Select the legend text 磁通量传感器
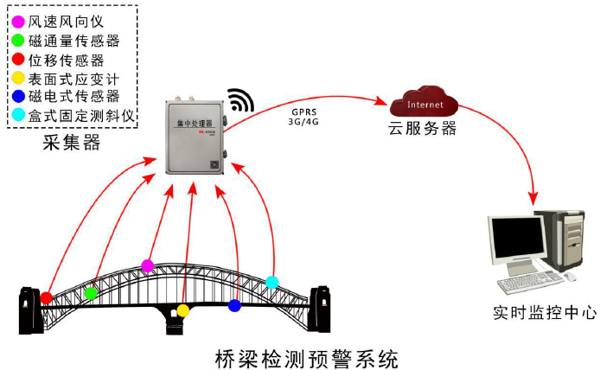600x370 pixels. (73, 39)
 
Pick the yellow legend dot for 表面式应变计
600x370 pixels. (19, 79)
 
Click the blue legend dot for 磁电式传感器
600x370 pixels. (19, 97)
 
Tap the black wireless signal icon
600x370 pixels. (241, 99)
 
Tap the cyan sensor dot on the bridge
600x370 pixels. (271, 282)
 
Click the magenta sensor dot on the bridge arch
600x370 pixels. (148, 265)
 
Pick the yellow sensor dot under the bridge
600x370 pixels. (182, 309)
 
